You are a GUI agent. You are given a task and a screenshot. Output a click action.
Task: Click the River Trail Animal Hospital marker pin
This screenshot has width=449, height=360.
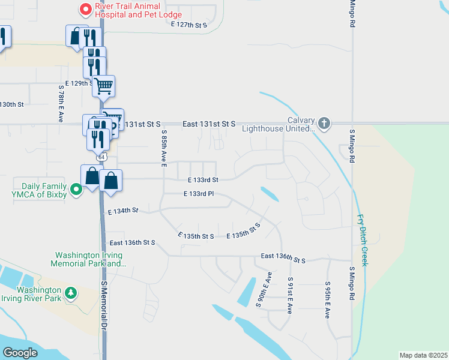click(x=85, y=9)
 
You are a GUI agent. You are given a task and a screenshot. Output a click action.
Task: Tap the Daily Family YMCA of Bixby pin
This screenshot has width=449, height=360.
click(x=76, y=190)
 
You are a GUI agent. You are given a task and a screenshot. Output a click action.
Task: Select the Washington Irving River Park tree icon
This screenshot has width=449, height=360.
click(x=71, y=292)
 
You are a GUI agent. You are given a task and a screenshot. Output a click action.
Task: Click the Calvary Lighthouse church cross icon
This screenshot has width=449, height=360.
click(x=324, y=124)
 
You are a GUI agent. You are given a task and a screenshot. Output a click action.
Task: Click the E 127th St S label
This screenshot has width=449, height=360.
click(x=188, y=25)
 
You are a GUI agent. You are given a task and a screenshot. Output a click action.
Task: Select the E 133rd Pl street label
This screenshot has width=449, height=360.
click(x=199, y=194)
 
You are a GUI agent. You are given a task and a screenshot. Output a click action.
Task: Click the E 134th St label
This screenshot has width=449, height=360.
click(x=123, y=211)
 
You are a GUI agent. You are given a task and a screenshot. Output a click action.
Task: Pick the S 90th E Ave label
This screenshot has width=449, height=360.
click(x=264, y=290)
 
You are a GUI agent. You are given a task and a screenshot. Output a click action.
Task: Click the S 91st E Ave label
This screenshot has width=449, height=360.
click(x=290, y=296)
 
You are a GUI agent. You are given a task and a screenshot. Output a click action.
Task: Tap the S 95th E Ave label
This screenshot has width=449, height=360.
click(x=328, y=299)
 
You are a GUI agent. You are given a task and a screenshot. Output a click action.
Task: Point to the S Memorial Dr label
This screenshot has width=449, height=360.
click(x=103, y=306)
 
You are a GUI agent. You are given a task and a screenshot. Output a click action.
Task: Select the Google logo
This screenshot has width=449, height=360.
click(x=20, y=353)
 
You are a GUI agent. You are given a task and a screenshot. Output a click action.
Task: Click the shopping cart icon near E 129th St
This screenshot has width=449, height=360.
click(x=103, y=86)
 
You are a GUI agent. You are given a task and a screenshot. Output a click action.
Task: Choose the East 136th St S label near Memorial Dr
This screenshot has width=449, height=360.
click(x=133, y=242)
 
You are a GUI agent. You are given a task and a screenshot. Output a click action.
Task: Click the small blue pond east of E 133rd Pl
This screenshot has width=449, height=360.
click(x=270, y=194)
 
